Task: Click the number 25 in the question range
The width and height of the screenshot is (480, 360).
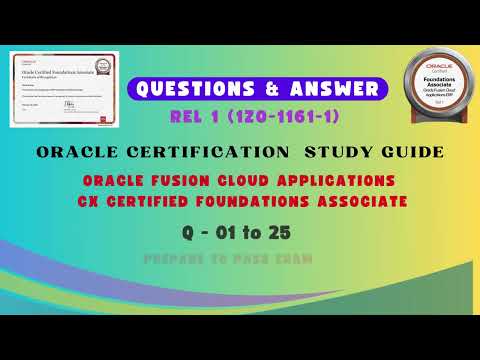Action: (309, 232)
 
